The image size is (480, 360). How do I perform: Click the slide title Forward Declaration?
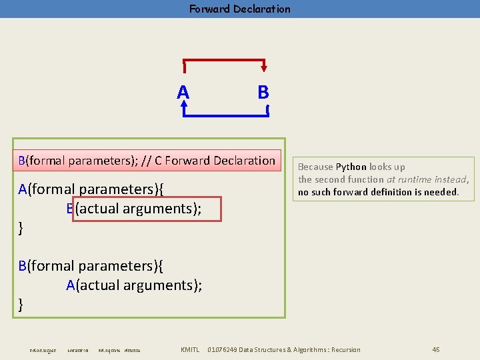[239, 9]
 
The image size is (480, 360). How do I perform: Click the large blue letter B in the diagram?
[263, 92]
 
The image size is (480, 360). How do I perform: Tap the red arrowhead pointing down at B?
[265, 67]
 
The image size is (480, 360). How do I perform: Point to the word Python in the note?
[351, 167]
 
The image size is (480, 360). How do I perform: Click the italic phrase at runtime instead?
[427, 179]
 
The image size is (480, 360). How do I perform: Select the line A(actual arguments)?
[134, 285]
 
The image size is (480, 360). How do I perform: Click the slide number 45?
[436, 350]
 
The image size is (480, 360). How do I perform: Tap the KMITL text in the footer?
[190, 350]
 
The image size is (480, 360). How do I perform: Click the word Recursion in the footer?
[345, 350]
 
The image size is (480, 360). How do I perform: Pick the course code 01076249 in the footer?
[222, 350]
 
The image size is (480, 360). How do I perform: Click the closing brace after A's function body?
[21, 228]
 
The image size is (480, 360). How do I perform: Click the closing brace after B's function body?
[21, 305]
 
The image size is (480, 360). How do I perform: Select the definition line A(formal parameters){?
[91, 189]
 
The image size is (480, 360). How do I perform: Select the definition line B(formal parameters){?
[91, 266]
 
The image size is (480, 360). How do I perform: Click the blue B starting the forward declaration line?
[22, 161]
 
